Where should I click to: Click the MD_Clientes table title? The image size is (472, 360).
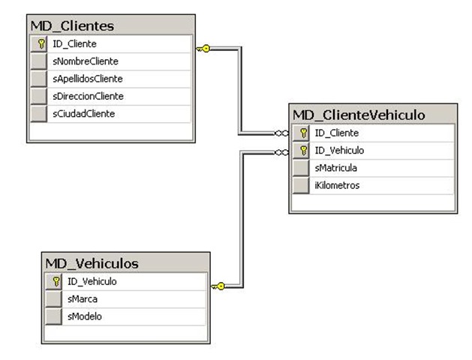72,26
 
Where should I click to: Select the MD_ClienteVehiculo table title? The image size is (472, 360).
359,115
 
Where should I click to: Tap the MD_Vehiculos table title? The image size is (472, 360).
92,263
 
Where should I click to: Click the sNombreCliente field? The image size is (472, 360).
85,61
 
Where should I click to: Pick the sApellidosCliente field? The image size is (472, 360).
88,79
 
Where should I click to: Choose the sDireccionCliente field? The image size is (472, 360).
88,96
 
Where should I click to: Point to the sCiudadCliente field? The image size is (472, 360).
83,113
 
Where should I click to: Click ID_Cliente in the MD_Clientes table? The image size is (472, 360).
74,44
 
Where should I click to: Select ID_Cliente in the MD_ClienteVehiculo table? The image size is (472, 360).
336,133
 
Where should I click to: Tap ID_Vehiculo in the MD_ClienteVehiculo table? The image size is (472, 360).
339,150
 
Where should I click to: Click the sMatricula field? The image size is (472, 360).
336,167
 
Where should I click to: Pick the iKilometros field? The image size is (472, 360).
337,184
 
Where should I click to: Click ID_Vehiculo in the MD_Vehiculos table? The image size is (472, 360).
92,282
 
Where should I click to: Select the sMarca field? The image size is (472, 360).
83,299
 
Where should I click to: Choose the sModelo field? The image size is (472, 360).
85,316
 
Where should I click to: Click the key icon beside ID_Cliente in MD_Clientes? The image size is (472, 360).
41,44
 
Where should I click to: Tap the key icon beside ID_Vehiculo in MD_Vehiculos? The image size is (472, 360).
55,282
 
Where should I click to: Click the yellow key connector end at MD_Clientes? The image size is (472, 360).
203,49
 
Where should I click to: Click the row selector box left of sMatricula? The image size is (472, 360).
301,167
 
